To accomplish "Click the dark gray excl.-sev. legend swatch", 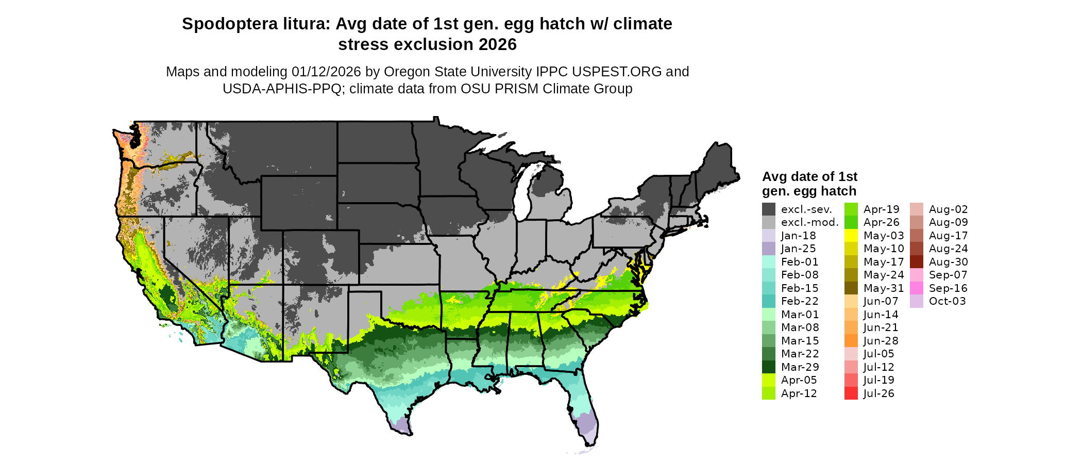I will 768,209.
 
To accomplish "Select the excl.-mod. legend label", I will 809,222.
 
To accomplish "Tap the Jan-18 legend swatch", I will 768,236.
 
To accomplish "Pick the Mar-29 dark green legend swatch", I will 768,367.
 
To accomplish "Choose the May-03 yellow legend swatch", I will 851,236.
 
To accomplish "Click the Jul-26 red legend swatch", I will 851,393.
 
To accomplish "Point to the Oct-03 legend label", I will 947,301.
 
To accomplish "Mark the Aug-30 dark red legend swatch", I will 917,262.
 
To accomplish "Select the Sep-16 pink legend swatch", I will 917,288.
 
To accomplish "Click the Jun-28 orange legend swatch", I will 851,341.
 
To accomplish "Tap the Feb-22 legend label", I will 800,301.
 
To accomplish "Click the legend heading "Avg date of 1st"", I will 809,177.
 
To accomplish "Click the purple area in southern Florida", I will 585,426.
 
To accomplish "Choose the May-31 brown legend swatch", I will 851,288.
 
